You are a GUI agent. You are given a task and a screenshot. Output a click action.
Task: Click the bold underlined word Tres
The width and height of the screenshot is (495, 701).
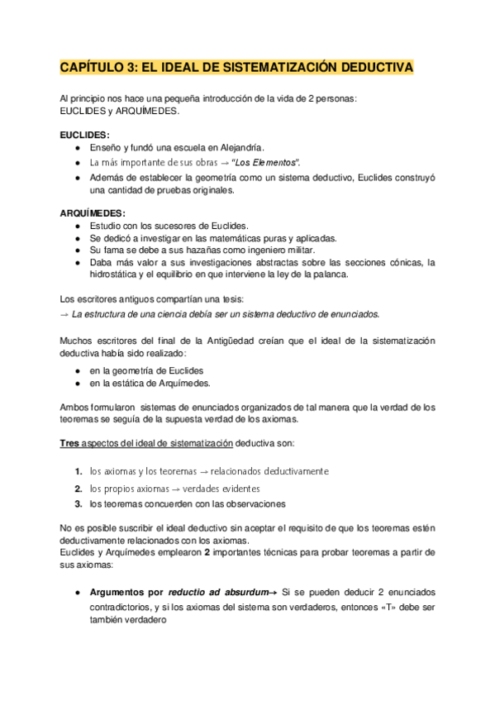click(x=70, y=444)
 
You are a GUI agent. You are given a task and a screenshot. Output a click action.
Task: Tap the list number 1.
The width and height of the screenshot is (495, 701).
click(x=77, y=471)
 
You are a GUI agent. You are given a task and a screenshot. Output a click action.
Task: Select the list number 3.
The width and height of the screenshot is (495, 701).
click(x=77, y=503)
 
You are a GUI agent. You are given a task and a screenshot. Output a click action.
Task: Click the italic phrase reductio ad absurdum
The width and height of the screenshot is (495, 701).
click(x=221, y=593)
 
